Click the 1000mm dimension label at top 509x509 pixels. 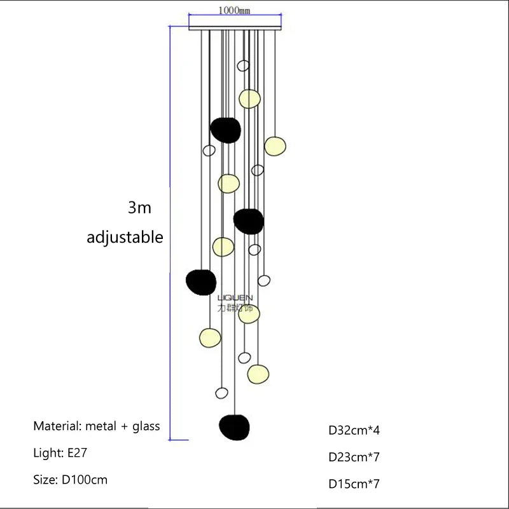pyautogui.click(x=235, y=11)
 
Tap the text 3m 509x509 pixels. pyautogui.click(x=139, y=208)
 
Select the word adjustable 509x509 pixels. pyautogui.click(x=125, y=238)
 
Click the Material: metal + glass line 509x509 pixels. pyautogui.click(x=97, y=426)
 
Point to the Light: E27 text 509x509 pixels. pyautogui.click(x=61, y=453)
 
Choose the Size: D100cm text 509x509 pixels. pyautogui.click(x=71, y=480)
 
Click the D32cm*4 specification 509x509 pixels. pyautogui.click(x=354, y=430)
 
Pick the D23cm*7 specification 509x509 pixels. pyautogui.click(x=354, y=457)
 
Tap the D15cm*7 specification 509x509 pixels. pyautogui.click(x=354, y=484)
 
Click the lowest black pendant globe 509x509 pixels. pyautogui.click(x=234, y=426)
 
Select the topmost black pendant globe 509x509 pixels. pyautogui.click(x=226, y=130)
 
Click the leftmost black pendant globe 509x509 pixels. pyautogui.click(x=201, y=281)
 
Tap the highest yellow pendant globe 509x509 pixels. pyautogui.click(x=249, y=98)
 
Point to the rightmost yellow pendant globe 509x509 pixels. pyautogui.click(x=275, y=146)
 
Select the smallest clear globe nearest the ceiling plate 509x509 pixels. pyautogui.click(x=243, y=65)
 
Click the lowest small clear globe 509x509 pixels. pyautogui.click(x=221, y=393)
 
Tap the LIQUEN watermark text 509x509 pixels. pyautogui.click(x=235, y=297)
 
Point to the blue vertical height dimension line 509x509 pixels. pyautogui.click(x=169, y=235)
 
